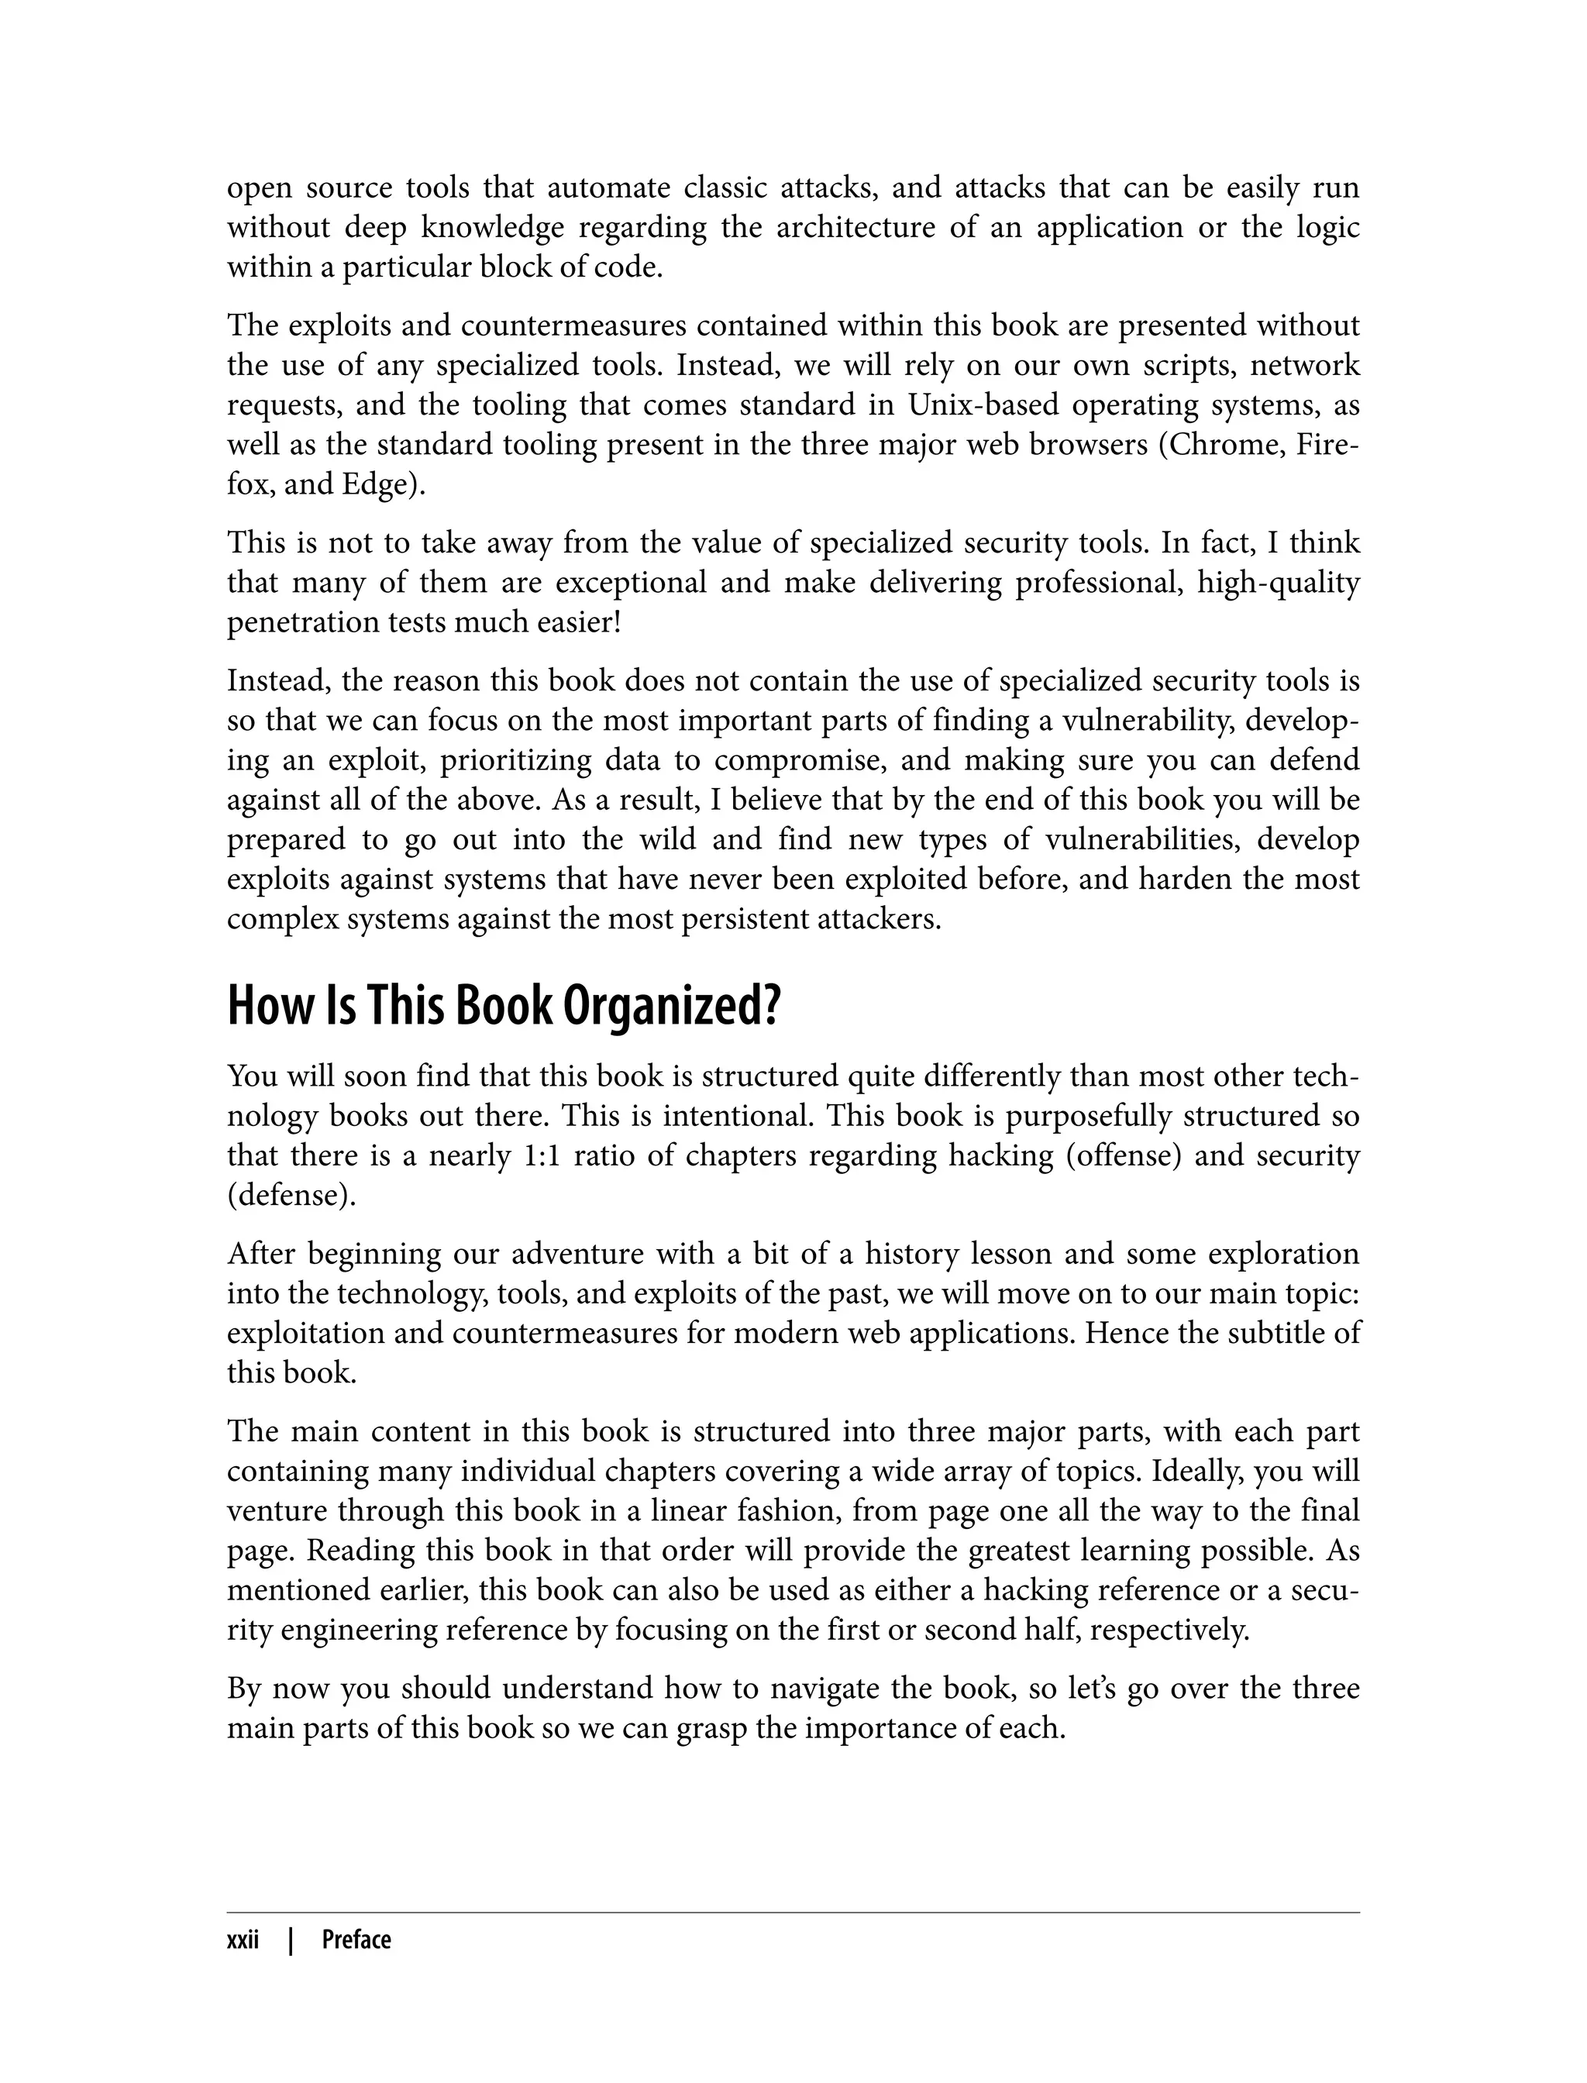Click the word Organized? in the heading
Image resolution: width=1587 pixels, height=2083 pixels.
(673, 1008)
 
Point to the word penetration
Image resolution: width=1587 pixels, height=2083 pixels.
(302, 622)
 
